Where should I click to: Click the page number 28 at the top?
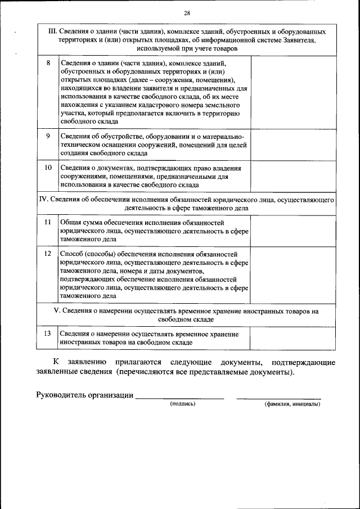pos(187,13)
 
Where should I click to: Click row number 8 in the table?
pos(48,63)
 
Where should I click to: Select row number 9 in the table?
pos(48,136)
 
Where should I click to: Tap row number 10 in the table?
pos(48,168)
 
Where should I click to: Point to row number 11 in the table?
pos(48,223)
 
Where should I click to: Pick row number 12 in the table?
pos(48,254)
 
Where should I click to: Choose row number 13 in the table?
pos(48,334)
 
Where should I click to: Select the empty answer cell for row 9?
pos(292,145)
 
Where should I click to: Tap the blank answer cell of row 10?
pos(292,176)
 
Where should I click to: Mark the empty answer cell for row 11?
pos(292,231)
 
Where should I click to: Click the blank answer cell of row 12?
pos(292,274)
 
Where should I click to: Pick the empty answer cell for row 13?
pos(292,337)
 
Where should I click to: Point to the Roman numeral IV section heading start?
pos(42,199)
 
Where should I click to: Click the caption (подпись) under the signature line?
pos(182,403)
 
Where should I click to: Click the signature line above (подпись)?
pos(180,398)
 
